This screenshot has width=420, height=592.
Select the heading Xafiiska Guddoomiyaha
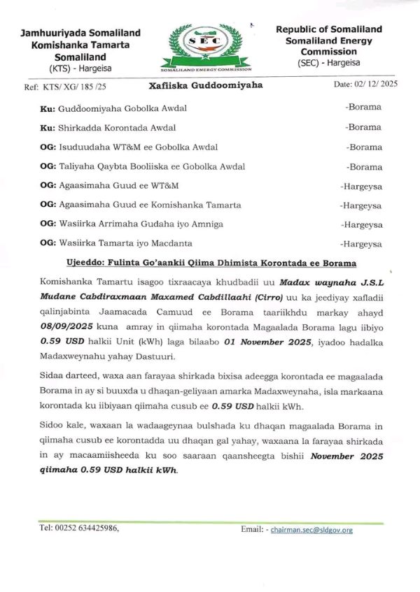click(206, 85)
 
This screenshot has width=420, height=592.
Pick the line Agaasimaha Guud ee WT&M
click(110, 185)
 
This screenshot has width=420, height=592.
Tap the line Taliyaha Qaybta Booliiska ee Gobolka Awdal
click(141, 166)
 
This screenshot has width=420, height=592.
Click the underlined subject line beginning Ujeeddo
click(206, 263)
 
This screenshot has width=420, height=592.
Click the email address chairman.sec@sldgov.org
click(311, 530)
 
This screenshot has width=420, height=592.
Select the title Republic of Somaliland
click(328, 29)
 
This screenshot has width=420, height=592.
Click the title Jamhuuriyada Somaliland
click(80, 33)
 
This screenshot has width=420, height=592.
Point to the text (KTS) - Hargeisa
click(80, 68)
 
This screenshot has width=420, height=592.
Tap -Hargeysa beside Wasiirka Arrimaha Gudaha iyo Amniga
click(360, 224)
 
